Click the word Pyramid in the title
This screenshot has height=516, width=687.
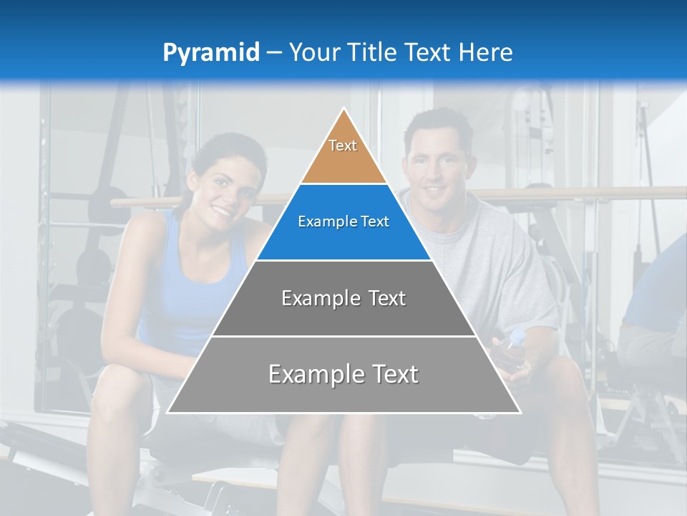pyautogui.click(x=210, y=53)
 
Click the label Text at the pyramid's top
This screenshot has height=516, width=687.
pyautogui.click(x=343, y=145)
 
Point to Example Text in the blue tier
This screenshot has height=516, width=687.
pyautogui.click(x=343, y=221)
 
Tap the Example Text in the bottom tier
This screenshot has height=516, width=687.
pyautogui.click(x=343, y=374)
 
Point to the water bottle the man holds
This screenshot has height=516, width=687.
pyautogui.click(x=513, y=348)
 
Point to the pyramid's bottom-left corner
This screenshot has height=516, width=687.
pyautogui.click(x=168, y=412)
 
